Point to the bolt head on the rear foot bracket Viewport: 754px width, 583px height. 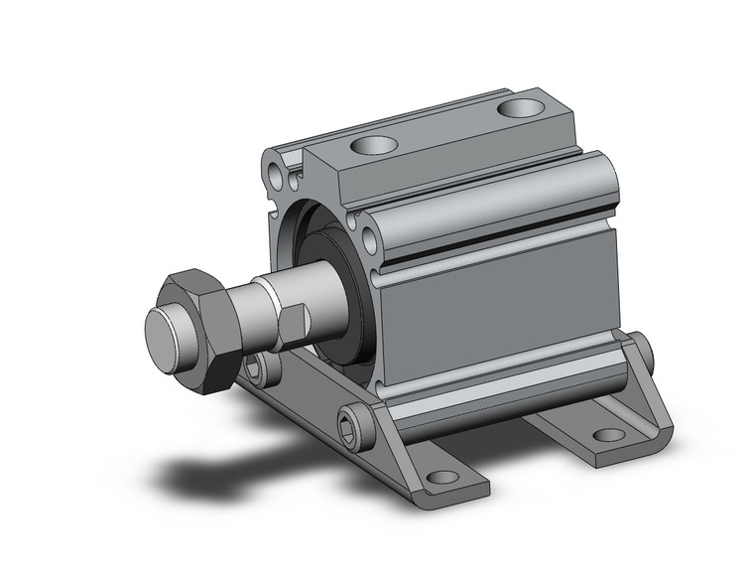(x=646, y=351)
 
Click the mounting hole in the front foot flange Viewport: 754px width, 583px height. (x=441, y=477)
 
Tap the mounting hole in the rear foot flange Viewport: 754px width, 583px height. (x=606, y=434)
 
